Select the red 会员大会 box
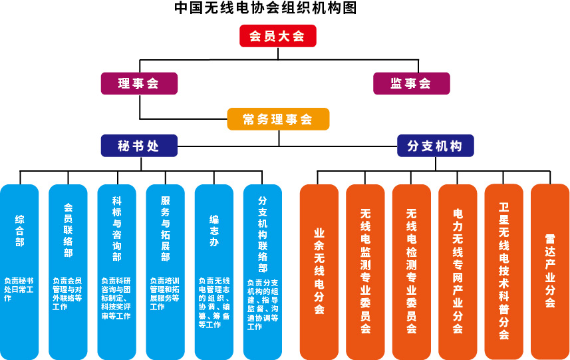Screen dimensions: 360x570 coord(277,36)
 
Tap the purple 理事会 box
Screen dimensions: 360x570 coord(139,83)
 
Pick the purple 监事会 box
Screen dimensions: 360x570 coord(411,83)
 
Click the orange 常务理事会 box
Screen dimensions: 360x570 coord(278,119)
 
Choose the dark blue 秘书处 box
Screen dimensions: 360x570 coord(139,146)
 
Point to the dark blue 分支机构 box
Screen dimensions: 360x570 coord(435,146)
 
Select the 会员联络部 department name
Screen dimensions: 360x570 coord(68,230)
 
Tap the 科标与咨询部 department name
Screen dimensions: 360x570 coord(116,230)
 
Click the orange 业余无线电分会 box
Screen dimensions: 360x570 coord(319,271)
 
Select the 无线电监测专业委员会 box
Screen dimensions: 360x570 coord(365,271)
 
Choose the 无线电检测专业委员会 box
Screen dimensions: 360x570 coord(411,271)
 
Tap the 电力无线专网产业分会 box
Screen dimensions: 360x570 coord(458,271)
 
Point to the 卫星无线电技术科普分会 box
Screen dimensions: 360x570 coord(503,271)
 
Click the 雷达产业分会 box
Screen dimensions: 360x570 coord(550,271)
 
